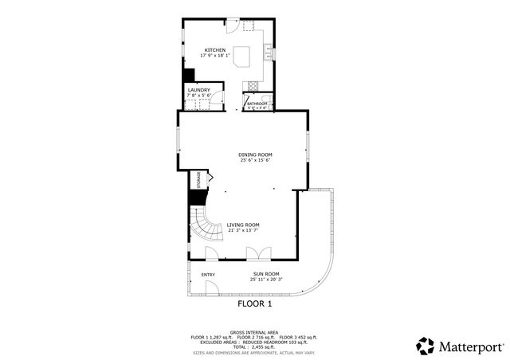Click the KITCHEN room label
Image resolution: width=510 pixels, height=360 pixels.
215,49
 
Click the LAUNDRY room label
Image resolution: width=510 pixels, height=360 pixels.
198,90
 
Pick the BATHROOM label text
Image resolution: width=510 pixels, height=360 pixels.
257,104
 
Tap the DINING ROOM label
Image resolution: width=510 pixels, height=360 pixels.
255,155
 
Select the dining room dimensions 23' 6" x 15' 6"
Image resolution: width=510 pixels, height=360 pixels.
255,161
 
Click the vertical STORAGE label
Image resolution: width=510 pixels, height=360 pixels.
198,179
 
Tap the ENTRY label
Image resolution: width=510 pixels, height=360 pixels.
208,275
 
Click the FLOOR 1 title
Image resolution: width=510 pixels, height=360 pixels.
255,304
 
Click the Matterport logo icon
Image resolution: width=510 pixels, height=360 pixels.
426,346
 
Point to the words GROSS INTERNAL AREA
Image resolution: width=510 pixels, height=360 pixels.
254,332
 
